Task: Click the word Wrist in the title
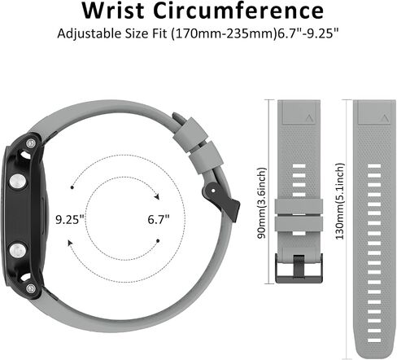pyautogui.click(x=113, y=11)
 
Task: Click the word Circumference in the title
pyautogui.click(x=238, y=11)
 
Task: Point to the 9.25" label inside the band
pyautogui.click(x=70, y=219)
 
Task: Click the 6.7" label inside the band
pyautogui.click(x=159, y=219)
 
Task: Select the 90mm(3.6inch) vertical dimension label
pyautogui.click(x=262, y=203)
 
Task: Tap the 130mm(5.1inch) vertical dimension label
pyautogui.click(x=340, y=201)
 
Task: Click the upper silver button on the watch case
pyautogui.click(x=18, y=182)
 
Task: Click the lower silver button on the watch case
pyautogui.click(x=18, y=250)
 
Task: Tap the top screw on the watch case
pyautogui.click(x=32, y=143)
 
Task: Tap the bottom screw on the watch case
pyautogui.click(x=31, y=288)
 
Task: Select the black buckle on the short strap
pyautogui.click(x=299, y=268)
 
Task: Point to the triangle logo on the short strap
pyautogui.click(x=309, y=118)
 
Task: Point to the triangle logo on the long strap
pyautogui.click(x=384, y=118)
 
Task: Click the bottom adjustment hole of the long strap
pyautogui.click(x=374, y=340)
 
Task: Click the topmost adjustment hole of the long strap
pyautogui.click(x=374, y=166)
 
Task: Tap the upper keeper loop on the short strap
pyautogui.click(x=299, y=206)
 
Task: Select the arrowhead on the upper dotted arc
pyautogui.click(x=156, y=196)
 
